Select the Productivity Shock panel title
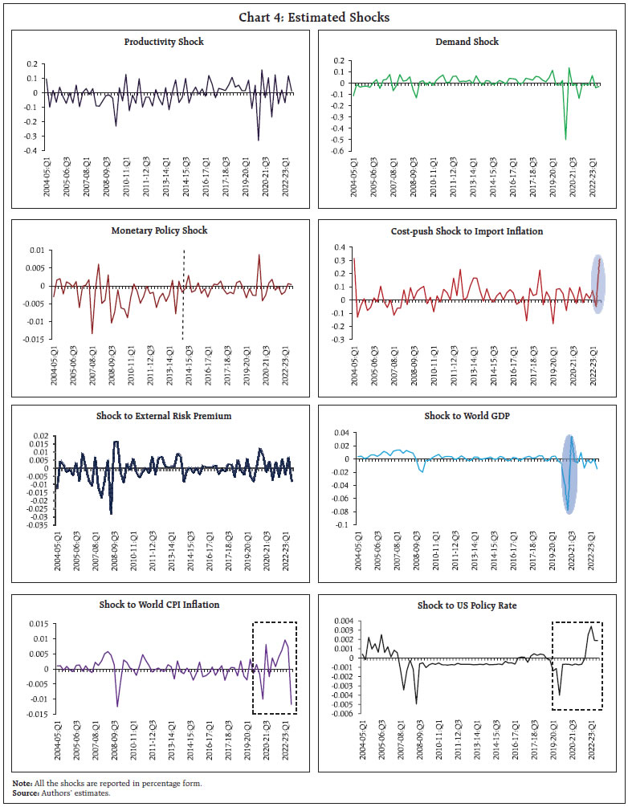[164, 42]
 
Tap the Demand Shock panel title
[466, 42]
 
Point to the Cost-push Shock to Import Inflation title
[466, 231]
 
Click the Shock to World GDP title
[466, 417]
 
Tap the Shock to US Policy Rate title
[466, 605]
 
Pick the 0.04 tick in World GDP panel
[336, 434]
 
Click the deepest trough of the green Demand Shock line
[565, 139]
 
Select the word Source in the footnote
[25, 792]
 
